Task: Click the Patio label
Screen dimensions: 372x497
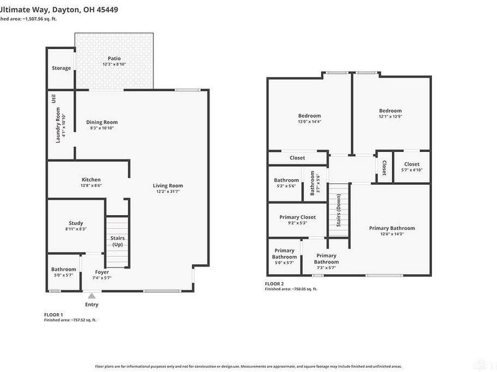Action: (114, 58)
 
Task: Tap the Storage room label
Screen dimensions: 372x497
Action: (61, 68)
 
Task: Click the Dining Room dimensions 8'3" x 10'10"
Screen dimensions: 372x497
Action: (102, 128)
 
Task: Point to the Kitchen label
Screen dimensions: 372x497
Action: (91, 180)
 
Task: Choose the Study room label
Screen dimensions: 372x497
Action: (76, 223)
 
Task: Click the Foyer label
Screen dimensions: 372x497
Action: (102, 272)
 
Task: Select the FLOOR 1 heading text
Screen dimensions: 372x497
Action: (53, 315)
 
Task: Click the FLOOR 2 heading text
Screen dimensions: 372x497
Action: (275, 284)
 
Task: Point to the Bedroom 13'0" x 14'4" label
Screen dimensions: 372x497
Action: (309, 116)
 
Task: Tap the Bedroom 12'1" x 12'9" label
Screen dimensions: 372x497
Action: (391, 111)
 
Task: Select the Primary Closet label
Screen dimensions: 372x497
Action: (298, 217)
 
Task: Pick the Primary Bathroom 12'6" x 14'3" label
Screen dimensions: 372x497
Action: (391, 228)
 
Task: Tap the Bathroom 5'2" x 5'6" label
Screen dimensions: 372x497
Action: (286, 180)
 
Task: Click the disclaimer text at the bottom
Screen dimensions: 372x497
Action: (248, 366)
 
